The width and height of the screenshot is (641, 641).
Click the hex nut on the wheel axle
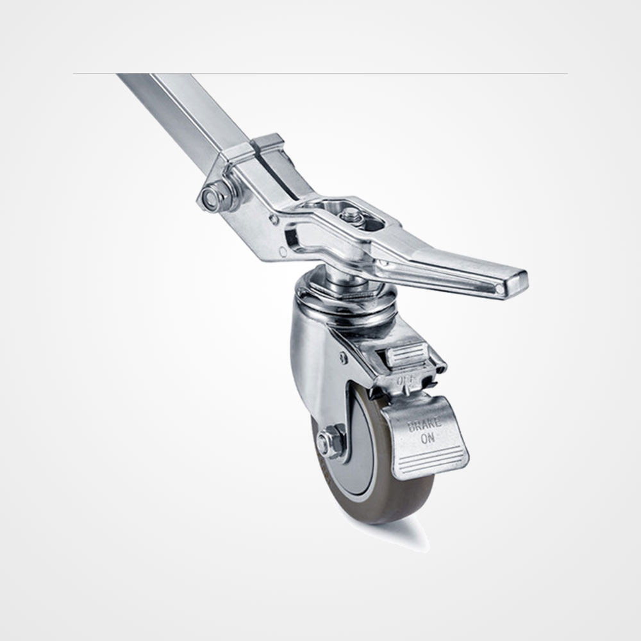[327, 442]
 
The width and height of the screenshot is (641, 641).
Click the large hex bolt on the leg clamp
[210, 197]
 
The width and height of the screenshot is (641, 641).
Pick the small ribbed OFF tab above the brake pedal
[408, 354]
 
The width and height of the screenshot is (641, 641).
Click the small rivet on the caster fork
[343, 358]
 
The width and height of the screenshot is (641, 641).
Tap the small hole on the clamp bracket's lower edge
[283, 253]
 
